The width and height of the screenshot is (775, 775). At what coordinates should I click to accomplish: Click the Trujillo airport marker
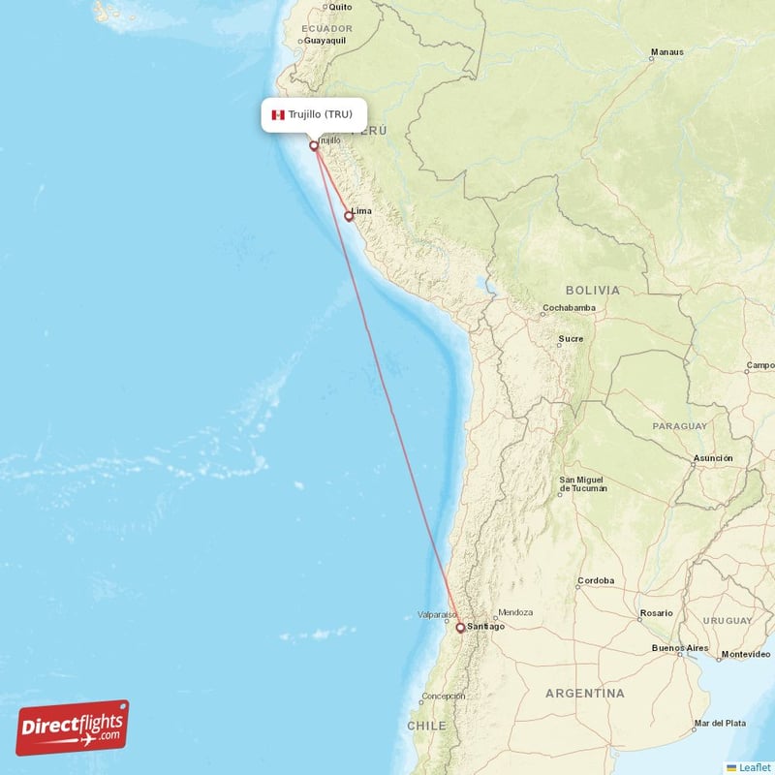pos(314,146)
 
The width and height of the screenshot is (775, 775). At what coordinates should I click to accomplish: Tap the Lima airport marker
pos(349,217)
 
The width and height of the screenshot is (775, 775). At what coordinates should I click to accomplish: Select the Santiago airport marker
pos(460,628)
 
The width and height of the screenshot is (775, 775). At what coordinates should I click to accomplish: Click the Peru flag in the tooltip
pos(278,114)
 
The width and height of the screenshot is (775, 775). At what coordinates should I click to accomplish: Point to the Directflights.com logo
pos(73,728)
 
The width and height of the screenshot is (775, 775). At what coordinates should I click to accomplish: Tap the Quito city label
pos(340,7)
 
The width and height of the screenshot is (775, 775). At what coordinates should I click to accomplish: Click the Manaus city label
pos(666,52)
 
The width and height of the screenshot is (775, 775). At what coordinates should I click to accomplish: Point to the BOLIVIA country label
pos(592,290)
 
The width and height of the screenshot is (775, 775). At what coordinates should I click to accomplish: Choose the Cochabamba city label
pos(569,309)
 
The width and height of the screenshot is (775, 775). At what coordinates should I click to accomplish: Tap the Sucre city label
pos(571,339)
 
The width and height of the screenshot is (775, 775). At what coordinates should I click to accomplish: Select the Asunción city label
pos(712,458)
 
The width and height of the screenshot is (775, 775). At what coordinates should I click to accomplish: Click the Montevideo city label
pos(743,656)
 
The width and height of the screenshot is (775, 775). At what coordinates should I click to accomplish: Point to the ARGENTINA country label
pos(584,694)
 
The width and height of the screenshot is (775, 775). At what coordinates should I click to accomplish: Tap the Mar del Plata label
pos(720,724)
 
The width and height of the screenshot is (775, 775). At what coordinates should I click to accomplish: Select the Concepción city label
pos(444,696)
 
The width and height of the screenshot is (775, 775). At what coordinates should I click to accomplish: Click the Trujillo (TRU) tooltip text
pos(321,114)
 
